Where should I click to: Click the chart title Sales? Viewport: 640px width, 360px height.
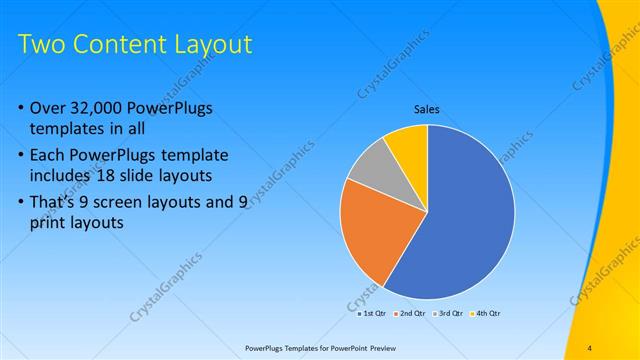pos(427,109)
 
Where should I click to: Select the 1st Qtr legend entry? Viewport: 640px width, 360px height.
pos(374,313)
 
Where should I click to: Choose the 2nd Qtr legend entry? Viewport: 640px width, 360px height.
pos(412,313)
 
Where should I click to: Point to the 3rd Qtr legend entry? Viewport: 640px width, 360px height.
pos(450,313)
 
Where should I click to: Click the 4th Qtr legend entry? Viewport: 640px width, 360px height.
pos(487,313)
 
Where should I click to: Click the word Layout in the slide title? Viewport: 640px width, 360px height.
pos(211,45)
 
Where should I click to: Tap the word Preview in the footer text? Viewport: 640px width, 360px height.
pos(389,347)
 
